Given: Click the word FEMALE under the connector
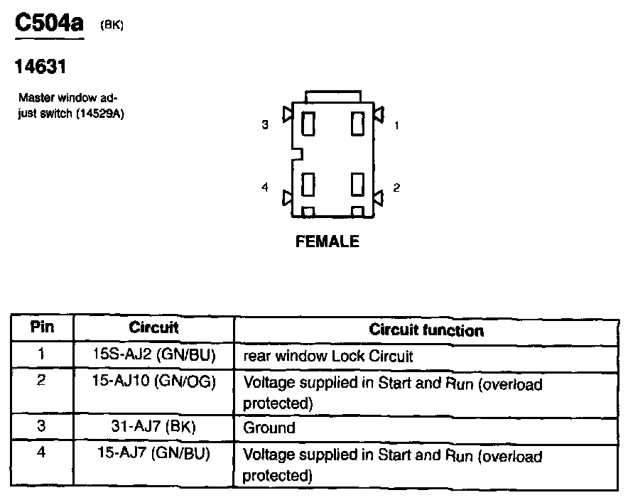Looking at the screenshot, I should (327, 241).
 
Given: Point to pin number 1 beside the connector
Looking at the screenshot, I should (396, 125).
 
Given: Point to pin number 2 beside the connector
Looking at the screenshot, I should (396, 187).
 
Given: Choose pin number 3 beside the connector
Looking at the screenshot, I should (265, 125).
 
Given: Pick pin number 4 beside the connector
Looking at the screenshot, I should (265, 187).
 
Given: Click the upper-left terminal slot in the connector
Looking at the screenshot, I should (308, 124).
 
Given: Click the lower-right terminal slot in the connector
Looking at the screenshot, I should (357, 185).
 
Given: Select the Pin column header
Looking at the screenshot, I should (42, 327).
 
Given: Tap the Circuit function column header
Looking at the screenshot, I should (426, 330).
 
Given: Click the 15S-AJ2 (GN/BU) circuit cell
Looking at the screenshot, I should (154, 354).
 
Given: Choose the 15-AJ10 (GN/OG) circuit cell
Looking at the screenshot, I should (153, 381).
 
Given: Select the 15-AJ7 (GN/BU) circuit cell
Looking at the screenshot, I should (153, 452).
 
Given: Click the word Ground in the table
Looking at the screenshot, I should (269, 428).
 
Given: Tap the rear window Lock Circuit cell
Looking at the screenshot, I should (327, 354).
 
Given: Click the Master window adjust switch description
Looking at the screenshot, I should (70, 106).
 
